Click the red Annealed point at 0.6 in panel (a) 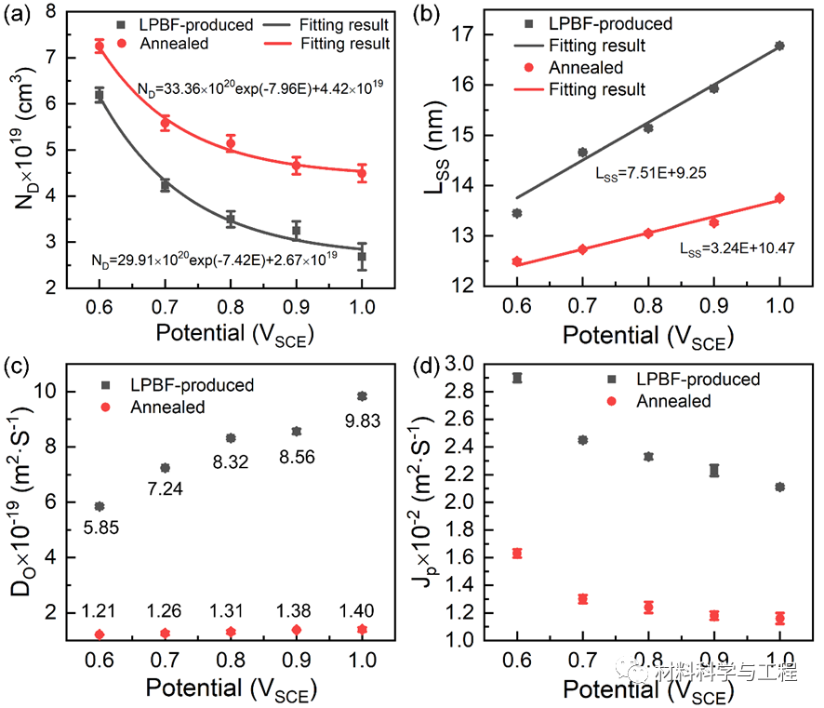[100, 46]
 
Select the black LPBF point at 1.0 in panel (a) [362, 256]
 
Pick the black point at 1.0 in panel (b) [779, 46]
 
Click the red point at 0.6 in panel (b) [517, 261]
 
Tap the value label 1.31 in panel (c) [231, 611]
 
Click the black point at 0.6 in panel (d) [517, 378]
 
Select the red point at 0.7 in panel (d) [582, 599]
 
